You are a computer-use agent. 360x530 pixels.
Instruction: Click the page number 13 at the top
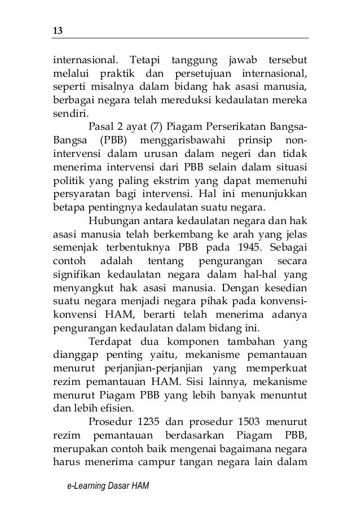tap(57, 30)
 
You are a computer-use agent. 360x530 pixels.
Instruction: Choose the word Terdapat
tap(111, 344)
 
